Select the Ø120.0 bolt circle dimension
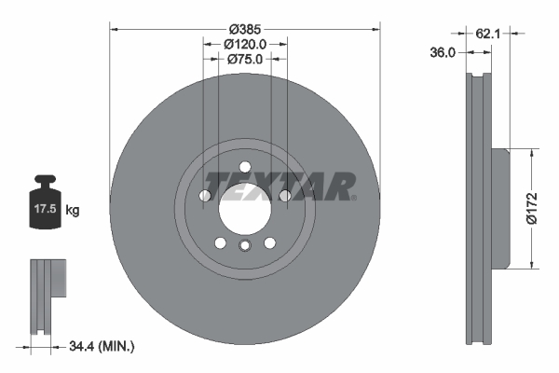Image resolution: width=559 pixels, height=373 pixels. click(x=245, y=43)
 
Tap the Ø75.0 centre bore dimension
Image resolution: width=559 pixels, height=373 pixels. click(x=245, y=59)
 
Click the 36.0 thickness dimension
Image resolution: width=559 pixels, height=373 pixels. click(x=443, y=53)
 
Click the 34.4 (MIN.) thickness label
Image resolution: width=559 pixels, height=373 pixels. click(x=102, y=347)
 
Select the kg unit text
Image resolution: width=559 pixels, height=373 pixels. click(x=73, y=211)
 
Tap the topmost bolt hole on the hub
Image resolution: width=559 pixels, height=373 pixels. click(x=244, y=168)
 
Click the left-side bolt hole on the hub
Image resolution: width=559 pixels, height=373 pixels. click(x=204, y=196)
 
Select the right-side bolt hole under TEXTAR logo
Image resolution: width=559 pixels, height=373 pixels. click(x=285, y=196)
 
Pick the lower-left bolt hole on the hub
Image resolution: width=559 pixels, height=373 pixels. click(x=220, y=242)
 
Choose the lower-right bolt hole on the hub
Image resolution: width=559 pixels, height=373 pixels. click(x=269, y=242)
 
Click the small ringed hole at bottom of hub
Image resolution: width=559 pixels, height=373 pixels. click(x=244, y=246)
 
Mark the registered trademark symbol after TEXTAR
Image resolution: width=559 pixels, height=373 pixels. click(x=354, y=197)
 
